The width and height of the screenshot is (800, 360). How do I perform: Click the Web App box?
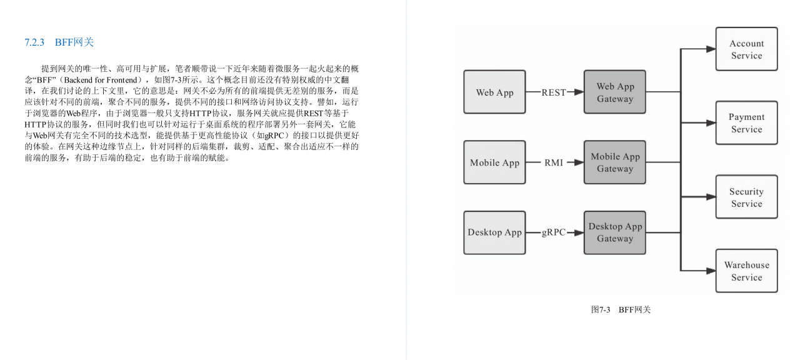(x=494, y=92)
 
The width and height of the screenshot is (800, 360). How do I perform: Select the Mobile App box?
(x=494, y=162)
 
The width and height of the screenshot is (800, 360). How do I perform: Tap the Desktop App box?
(x=494, y=232)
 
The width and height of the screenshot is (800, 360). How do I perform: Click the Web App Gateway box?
(x=615, y=92)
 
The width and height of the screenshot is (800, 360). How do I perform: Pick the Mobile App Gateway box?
(x=615, y=162)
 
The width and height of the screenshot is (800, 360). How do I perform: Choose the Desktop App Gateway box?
(x=615, y=232)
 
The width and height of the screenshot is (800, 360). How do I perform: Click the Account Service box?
(x=747, y=49)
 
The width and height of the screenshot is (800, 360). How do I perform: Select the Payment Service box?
(x=747, y=123)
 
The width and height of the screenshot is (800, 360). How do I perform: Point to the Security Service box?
(x=747, y=197)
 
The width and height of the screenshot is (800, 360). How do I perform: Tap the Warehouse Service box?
(x=747, y=271)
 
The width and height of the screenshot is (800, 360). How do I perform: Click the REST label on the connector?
(x=554, y=92)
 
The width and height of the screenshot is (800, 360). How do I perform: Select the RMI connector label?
(x=554, y=162)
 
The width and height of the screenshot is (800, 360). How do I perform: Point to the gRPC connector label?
(x=554, y=232)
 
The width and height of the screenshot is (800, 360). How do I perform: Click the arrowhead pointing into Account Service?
(x=711, y=49)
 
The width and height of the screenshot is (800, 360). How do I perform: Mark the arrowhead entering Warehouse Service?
(x=711, y=271)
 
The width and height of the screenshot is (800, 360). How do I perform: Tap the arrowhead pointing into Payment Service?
(x=711, y=123)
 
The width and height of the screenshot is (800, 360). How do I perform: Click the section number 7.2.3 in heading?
(x=34, y=42)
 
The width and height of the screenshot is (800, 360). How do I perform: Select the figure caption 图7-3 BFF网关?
(x=621, y=309)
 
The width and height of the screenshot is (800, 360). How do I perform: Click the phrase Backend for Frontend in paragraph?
(x=101, y=79)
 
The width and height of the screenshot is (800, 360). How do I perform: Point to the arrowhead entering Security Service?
(x=711, y=197)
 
